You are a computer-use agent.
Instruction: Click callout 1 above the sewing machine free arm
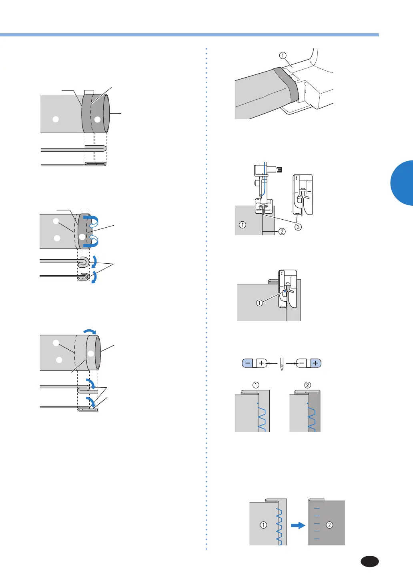coord(283,56)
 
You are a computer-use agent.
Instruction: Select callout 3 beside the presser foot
coord(298,227)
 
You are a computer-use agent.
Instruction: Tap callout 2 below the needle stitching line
coord(282,231)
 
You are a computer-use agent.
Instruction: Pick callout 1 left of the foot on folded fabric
coord(259,303)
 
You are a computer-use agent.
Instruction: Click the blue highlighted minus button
coord(248,363)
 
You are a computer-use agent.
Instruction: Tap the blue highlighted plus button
coord(316,363)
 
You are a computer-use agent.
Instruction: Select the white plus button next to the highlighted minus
coord(261,363)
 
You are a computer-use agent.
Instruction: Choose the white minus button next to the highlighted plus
coord(302,363)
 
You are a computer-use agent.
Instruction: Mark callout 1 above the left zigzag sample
coord(256,385)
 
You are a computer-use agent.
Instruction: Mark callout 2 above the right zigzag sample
coord(307,385)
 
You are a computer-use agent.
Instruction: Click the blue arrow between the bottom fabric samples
coord(298,525)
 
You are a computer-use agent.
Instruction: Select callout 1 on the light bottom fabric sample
coord(263,525)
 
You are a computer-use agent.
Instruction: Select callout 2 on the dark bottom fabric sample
coord(329,525)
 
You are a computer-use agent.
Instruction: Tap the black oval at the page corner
coord(370,561)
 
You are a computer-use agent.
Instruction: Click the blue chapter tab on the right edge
coord(402,183)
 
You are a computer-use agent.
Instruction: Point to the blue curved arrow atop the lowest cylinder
coord(90,332)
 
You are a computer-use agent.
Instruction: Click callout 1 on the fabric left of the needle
coord(243,224)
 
